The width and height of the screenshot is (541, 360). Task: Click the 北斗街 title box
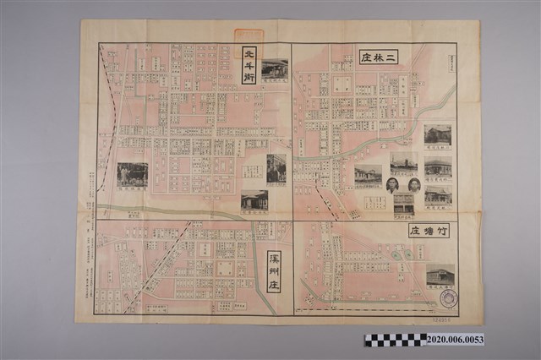[249, 65]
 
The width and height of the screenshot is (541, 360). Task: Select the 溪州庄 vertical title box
[273, 271]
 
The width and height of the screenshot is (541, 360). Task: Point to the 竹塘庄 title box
[429, 231]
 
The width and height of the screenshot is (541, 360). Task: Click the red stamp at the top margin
[249, 35]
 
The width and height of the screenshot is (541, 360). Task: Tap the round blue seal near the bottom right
[448, 298]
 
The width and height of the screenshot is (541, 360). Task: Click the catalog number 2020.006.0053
[456, 339]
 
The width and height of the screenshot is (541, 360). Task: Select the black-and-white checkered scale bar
[395, 339]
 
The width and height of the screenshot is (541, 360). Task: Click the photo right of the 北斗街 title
[275, 69]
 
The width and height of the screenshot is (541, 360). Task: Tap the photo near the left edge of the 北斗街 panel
[132, 175]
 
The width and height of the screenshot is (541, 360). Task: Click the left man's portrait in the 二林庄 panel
[392, 185]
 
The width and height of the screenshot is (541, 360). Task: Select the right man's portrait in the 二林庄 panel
[414, 185]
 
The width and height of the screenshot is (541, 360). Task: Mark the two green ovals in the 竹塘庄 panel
[399, 254]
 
